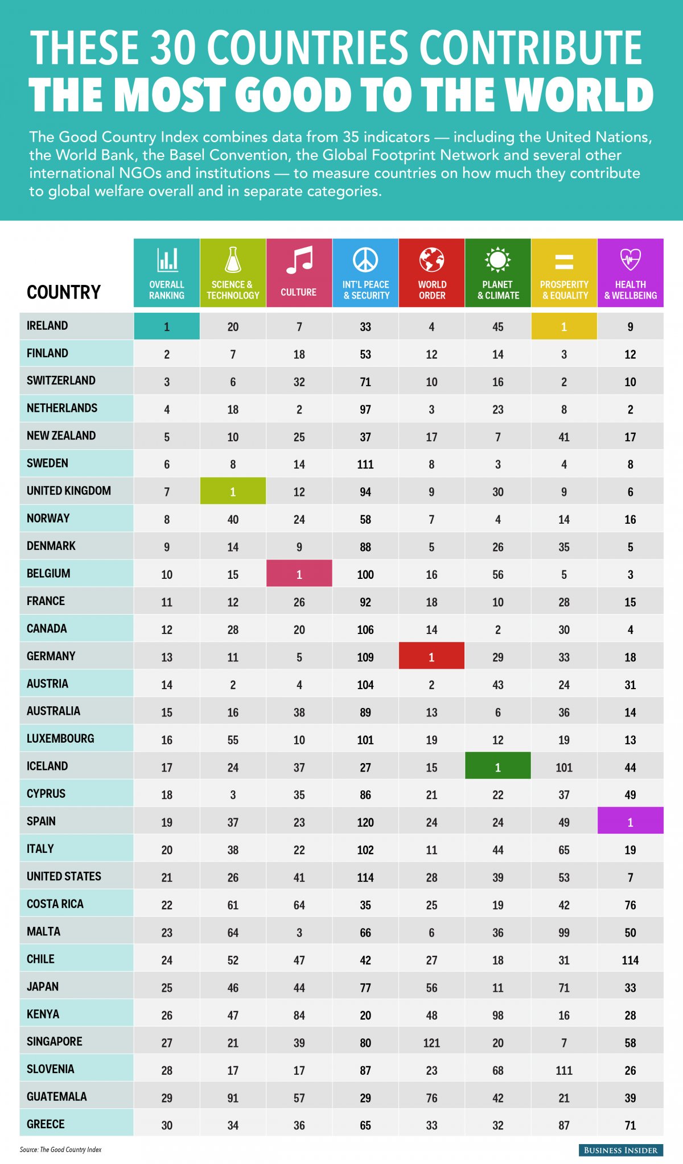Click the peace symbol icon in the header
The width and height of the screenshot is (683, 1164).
pos(365,260)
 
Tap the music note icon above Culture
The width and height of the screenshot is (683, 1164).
pos(299,260)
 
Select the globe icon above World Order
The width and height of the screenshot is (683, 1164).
pos(431,260)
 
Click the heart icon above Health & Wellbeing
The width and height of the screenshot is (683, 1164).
pos(630,259)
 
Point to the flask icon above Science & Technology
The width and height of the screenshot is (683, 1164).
pos(233,260)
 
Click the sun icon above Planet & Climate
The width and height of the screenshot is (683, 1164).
pos(497,260)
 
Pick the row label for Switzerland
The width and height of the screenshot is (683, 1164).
pos(61,380)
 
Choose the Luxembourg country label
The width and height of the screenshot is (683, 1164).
pos(60,739)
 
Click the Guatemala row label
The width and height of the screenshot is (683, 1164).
pos(57,1096)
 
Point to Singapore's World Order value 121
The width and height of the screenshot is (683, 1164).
pos(431,1042)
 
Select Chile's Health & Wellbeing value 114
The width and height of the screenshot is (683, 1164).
pos(630,960)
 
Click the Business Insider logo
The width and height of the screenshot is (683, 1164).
pos(620,1150)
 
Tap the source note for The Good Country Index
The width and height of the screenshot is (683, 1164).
pos(60,1149)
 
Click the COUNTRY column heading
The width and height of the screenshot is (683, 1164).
pos(64,292)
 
